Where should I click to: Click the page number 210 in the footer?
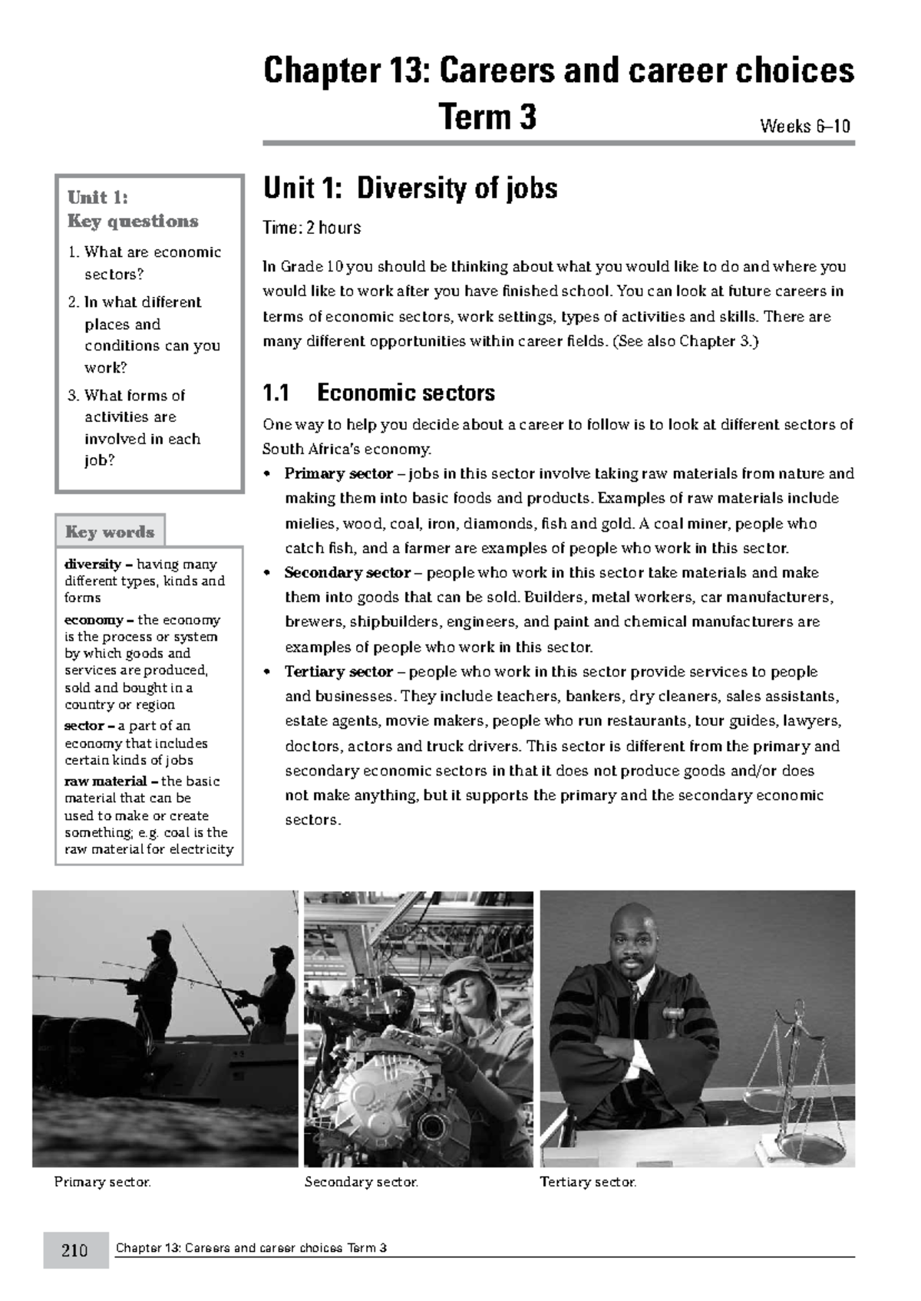pos(74,1250)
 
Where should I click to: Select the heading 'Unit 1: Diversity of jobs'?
pos(410,188)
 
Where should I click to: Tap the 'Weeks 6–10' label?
pos(804,126)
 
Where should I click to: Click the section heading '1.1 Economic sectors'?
pos(378,393)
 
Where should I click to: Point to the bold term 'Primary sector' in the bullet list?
pos(338,473)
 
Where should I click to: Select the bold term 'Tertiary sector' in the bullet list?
pos(338,672)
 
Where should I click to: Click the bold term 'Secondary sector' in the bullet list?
pos(347,572)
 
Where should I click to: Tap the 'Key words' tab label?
pos(110,532)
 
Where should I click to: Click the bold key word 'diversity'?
pos(93,564)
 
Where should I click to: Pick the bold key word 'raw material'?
pos(105,781)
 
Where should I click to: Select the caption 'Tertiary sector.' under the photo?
pos(588,1182)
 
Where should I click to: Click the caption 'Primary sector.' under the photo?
pos(102,1182)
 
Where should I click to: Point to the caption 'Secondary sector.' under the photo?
pos(361,1182)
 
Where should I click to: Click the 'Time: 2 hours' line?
pos(312,228)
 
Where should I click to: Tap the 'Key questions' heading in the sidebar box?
pos(132,221)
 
